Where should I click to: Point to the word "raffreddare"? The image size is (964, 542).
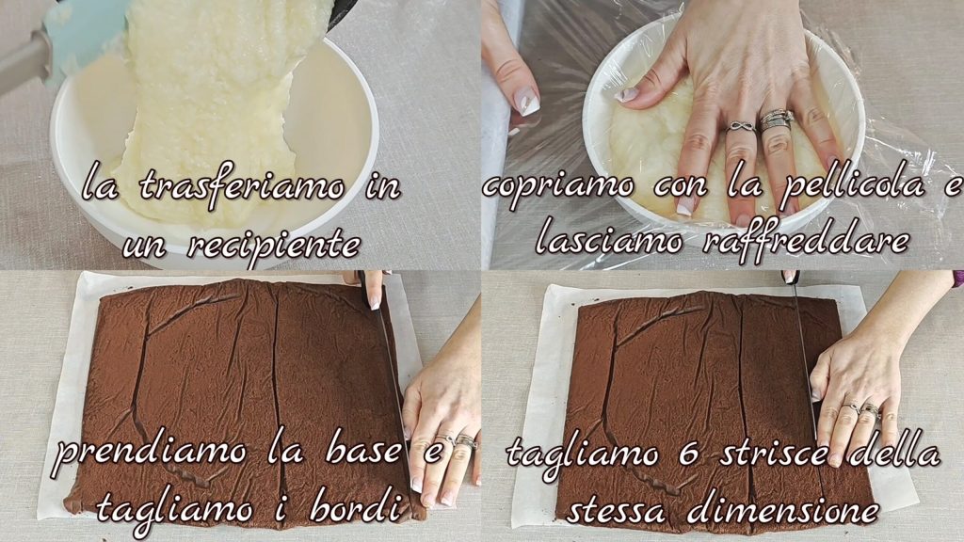pyautogui.click(x=806, y=240)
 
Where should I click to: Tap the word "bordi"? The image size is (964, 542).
pyautogui.click(x=350, y=508)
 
